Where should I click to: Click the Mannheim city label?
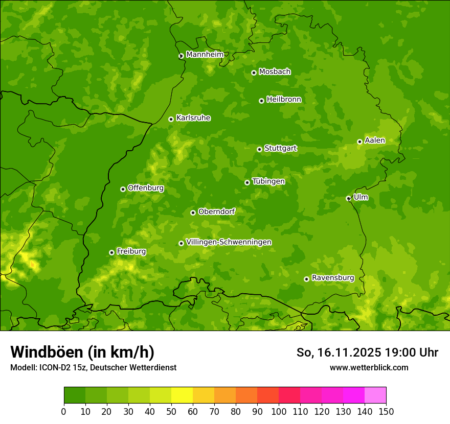[205, 55]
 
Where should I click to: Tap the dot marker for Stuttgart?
[259, 149]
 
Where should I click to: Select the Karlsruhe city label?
[193, 118]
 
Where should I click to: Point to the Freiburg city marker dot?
[111, 252]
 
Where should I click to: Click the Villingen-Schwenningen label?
[229, 242]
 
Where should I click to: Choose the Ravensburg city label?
[333, 278]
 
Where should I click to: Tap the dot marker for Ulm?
[348, 198]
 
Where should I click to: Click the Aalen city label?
[375, 140]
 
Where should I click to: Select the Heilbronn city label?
[284, 100]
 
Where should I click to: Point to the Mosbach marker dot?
[254, 73]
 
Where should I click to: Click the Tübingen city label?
[268, 181]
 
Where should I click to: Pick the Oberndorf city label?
[216, 211]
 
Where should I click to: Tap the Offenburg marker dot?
[123, 189]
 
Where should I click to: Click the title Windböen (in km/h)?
[82, 352]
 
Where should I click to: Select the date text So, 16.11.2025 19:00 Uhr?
[367, 352]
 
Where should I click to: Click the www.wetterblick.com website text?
[369, 367]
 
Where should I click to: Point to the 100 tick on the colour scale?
[279, 411]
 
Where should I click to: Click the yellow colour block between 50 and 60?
[182, 395]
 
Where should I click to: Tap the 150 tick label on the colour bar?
[386, 411]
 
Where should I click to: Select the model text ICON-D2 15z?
[59, 367]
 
